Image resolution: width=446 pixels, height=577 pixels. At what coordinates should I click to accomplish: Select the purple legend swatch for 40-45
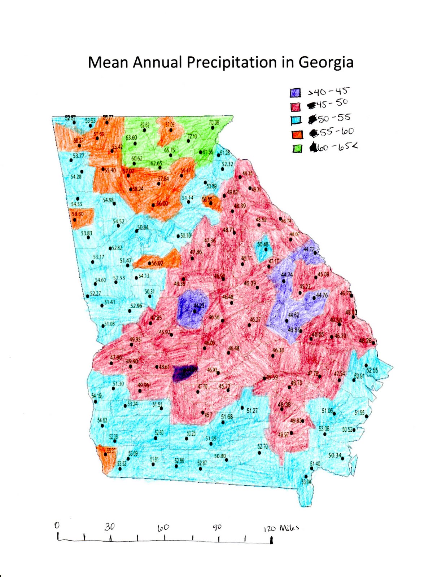point(295,93)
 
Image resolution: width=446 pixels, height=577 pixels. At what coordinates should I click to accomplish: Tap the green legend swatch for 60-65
point(297,148)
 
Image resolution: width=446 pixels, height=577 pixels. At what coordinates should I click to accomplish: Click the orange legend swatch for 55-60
point(297,134)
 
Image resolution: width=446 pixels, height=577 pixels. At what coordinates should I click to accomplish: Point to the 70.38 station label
point(214,123)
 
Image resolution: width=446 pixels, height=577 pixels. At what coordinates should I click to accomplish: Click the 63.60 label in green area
point(131,138)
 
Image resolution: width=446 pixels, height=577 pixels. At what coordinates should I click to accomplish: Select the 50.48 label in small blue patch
point(263,245)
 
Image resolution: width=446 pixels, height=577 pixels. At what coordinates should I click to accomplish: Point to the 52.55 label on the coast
point(372,370)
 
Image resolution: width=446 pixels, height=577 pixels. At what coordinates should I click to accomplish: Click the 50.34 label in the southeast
point(335,455)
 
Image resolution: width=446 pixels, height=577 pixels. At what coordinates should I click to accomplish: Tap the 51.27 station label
point(252,410)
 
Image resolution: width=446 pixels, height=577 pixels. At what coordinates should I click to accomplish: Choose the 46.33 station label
point(278,350)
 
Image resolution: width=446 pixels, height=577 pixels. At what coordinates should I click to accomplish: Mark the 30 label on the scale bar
point(110,527)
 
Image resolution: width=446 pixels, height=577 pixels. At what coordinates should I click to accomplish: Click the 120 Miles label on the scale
point(281,528)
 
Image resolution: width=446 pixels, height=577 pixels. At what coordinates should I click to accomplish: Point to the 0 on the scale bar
point(57,525)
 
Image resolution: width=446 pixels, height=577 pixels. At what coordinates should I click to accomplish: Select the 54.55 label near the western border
point(76,204)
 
